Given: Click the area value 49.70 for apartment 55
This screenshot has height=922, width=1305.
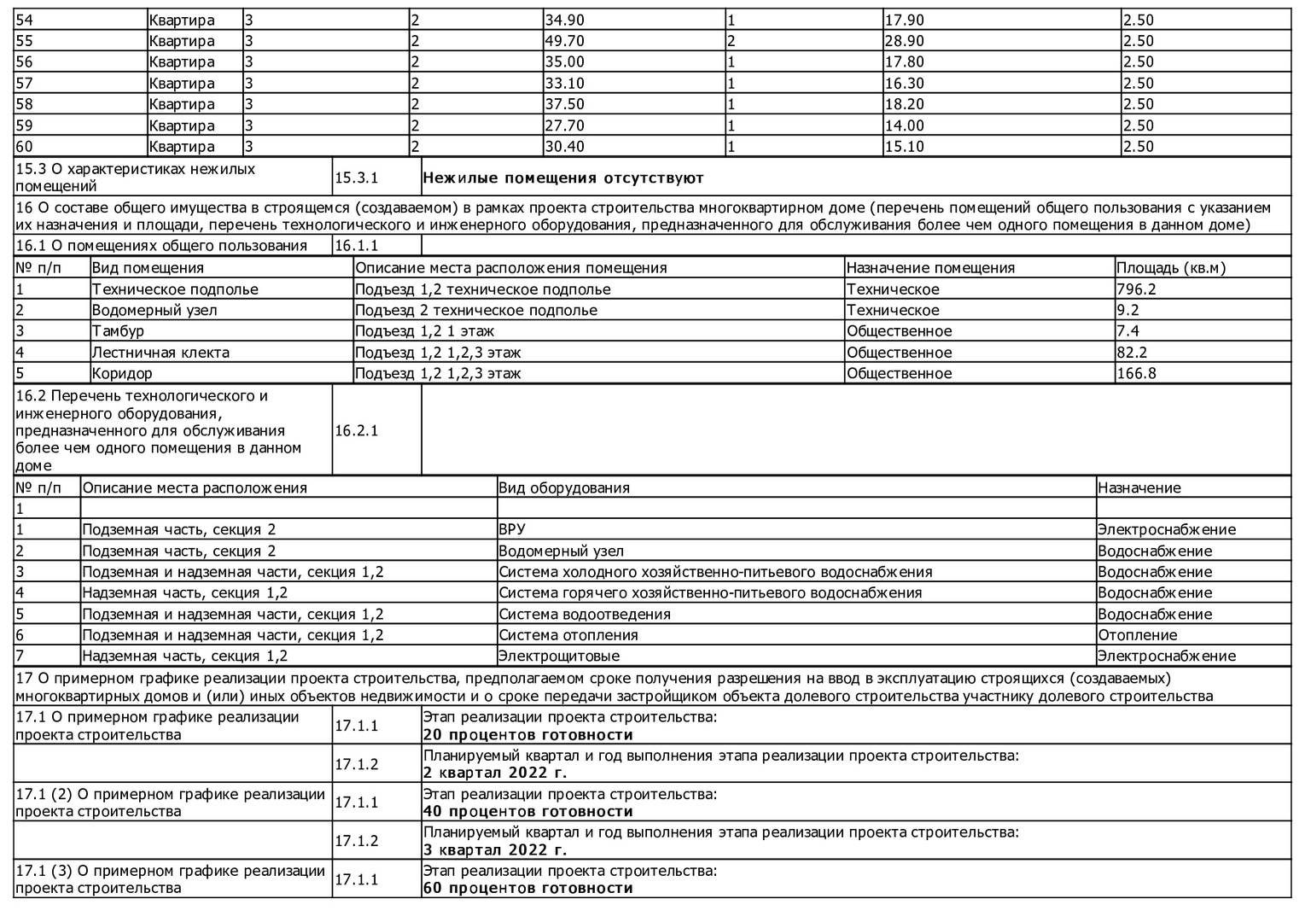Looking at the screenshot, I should point(564,41).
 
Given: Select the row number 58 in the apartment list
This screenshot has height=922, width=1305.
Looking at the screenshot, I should point(25,104).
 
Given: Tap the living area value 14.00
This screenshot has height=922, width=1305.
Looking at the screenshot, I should point(904,125).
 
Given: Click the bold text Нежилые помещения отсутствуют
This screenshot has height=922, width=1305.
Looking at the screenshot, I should point(563,178).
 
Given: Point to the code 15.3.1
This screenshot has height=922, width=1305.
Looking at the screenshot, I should point(356,178).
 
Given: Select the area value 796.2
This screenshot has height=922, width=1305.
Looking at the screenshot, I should point(1136,289).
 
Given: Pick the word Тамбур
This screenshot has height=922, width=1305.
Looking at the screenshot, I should point(118,331).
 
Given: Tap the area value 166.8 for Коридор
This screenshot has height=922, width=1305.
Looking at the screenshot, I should point(1136,373).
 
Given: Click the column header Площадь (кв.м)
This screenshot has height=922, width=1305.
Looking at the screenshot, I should point(1171,268).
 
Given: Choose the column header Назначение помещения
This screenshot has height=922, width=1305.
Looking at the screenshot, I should point(930,268).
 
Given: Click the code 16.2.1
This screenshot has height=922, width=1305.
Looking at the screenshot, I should point(356,430).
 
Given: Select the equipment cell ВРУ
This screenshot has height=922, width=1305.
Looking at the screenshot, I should point(512,529).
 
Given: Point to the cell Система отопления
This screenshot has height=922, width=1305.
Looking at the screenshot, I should point(568,635).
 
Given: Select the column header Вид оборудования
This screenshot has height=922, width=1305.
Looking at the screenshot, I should point(564,488).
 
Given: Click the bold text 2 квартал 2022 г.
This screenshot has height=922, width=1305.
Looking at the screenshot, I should point(495,773).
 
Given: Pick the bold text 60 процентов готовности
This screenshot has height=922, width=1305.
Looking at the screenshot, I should point(528,889).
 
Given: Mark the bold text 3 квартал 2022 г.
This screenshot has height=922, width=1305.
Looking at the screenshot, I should point(495,850).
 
